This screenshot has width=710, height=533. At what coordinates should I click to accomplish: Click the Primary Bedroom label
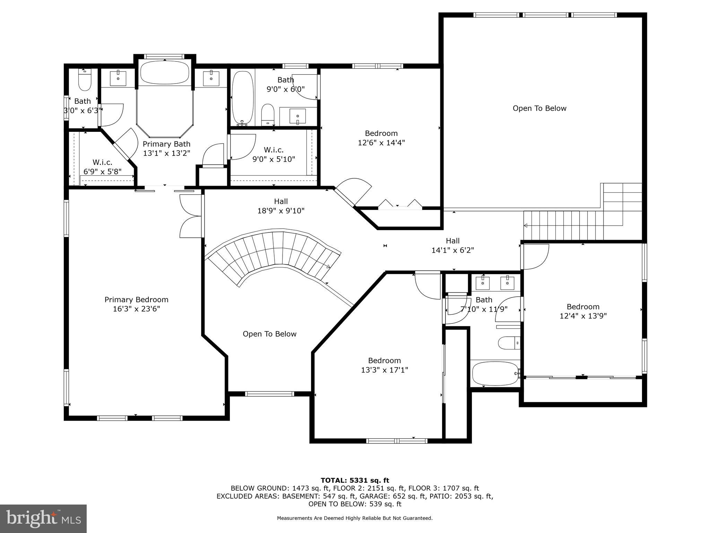136,300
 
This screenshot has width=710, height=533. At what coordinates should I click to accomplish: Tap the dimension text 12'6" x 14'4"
381,143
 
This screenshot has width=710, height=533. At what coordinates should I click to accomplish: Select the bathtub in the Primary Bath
165,73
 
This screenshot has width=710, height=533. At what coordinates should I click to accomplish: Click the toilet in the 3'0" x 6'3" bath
85,82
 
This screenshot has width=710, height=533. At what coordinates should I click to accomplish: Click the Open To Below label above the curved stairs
269,334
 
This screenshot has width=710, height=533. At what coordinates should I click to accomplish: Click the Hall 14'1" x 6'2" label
452,245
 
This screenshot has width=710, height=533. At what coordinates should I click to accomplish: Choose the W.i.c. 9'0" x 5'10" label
274,154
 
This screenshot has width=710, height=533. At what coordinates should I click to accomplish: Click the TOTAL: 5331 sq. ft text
355,480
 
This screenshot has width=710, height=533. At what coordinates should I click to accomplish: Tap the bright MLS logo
43,518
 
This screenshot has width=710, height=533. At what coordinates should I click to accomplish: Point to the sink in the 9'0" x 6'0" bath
297,116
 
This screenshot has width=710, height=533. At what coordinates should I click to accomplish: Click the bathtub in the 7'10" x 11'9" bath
495,373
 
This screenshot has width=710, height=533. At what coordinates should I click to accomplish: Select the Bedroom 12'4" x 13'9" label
583,311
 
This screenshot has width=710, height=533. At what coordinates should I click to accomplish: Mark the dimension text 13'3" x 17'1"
384,370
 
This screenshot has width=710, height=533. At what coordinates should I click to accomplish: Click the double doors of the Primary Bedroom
191,216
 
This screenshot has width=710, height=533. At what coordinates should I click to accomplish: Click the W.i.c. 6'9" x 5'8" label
102,167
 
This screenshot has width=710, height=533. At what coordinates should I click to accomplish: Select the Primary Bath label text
166,144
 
